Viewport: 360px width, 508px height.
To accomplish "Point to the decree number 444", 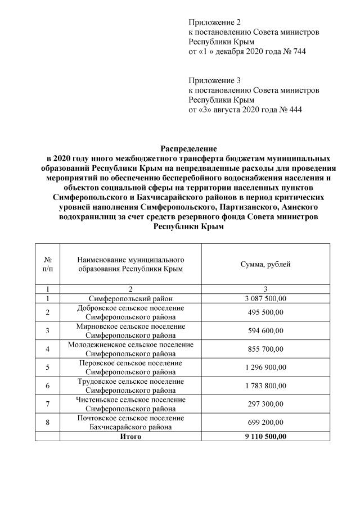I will click(294, 110).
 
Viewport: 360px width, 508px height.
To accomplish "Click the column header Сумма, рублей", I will click(265, 264).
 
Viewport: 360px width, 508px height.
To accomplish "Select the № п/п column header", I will click(48, 264).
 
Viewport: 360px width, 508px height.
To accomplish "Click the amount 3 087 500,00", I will click(265, 298).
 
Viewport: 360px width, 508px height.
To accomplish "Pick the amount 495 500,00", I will click(265, 312).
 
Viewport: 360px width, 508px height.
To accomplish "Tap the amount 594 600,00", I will click(265, 330).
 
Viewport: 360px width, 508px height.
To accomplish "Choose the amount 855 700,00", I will click(265, 349).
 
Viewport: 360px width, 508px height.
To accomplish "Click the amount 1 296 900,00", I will click(265, 367).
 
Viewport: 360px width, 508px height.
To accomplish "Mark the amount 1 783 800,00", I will click(265, 385).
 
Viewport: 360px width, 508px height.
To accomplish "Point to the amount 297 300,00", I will click(265, 403).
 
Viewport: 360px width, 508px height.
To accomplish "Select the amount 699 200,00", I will click(265, 422).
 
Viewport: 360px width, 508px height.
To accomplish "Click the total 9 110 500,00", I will click(265, 436).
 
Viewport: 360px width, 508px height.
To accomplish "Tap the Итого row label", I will click(130, 436).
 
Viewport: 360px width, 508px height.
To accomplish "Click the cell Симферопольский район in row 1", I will click(130, 298).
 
